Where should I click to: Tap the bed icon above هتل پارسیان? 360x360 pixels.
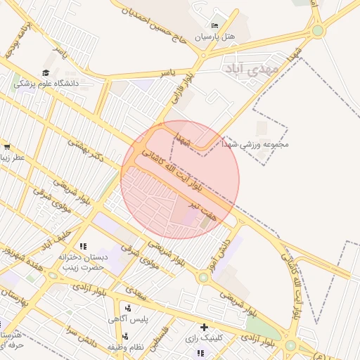point(215,25)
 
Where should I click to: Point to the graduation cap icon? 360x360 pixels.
point(46,72)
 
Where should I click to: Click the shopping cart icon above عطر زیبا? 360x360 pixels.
point(6,147)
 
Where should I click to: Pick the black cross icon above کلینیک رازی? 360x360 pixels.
point(204,327)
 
